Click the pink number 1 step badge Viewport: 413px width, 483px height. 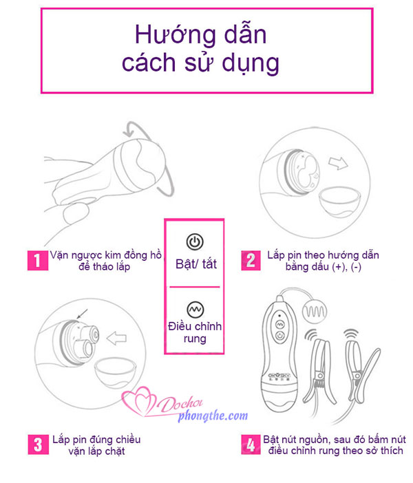[x=38, y=261]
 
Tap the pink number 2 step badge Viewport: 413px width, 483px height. [x=251, y=261]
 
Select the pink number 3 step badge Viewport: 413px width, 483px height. [x=39, y=444]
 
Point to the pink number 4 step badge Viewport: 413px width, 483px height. [x=251, y=444]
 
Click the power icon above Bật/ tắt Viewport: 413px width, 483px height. [x=195, y=241]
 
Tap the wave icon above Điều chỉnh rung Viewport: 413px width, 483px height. [x=195, y=309]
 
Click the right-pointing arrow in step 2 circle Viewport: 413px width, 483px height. [x=338, y=163]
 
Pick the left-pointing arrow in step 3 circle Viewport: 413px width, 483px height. [x=116, y=338]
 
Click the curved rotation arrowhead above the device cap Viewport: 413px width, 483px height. [x=129, y=131]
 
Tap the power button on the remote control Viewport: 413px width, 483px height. [x=279, y=336]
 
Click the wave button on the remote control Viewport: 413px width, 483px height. [x=279, y=324]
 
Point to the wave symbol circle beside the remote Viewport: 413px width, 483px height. [x=315, y=312]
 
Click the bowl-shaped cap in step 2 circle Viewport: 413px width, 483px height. [x=339, y=202]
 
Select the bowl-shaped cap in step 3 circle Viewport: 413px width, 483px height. [x=115, y=373]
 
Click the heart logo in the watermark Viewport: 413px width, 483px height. [x=138, y=400]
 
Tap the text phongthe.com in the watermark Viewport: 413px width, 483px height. [x=213, y=416]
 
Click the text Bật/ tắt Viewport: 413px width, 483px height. [x=196, y=264]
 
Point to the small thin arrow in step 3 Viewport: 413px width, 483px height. [x=83, y=314]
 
